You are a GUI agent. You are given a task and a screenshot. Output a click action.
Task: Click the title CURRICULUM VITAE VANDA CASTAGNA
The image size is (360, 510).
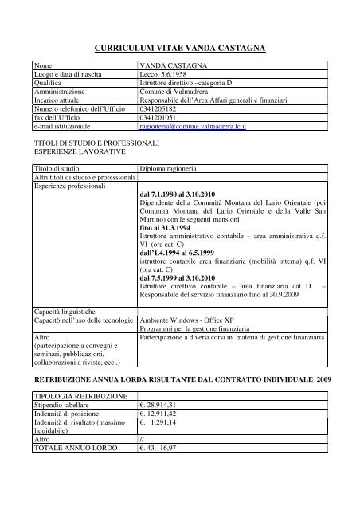pyautogui.click(x=180, y=49)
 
